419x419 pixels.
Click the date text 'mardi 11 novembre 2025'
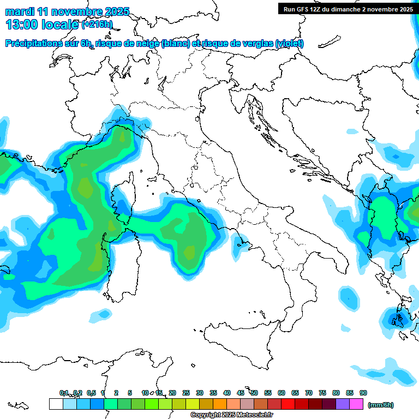[x=68, y=11]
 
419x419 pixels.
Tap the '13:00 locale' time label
[x=42, y=24]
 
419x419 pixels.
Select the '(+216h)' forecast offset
[x=97, y=24]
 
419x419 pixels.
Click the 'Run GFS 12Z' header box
[x=346, y=9]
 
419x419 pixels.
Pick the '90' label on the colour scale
[x=363, y=393]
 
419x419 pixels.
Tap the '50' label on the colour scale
[x=254, y=393]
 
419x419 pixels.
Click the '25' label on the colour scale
[x=186, y=393]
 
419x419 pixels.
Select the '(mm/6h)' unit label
[x=381, y=405]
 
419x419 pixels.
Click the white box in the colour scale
[x=56, y=404]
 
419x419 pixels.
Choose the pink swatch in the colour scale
[x=356, y=404]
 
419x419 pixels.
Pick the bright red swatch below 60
[x=288, y=404]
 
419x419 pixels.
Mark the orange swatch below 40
[x=220, y=404]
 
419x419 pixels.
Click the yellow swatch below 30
[x=193, y=404]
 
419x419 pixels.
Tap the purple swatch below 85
[x=343, y=404]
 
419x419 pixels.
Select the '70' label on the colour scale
[x=309, y=393]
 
